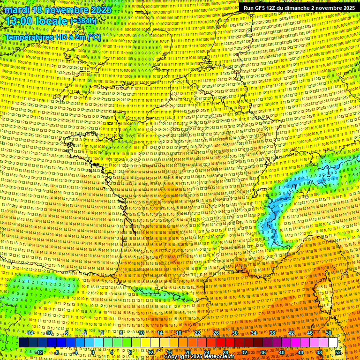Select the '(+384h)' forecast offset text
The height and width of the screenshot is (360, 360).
(x=83, y=21)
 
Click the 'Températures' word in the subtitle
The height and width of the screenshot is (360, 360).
(x=27, y=37)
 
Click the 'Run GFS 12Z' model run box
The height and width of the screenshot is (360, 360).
(x=298, y=8)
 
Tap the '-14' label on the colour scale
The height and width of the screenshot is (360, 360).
(x=30, y=333)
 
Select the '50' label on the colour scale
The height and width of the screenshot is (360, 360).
(x=329, y=333)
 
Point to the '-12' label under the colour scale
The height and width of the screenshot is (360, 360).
(x=39, y=352)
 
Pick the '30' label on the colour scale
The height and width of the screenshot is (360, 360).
(x=235, y=333)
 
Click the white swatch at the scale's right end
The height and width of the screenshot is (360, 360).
(x=333, y=343)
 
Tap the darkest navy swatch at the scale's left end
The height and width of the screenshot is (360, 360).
(x=23, y=343)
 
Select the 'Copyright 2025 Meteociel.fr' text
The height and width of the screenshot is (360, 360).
(x=199, y=357)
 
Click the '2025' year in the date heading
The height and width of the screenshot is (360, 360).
(x=100, y=9)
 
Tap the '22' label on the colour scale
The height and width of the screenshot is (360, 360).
(x=197, y=333)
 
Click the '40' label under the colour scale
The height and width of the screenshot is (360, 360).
(x=282, y=352)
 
